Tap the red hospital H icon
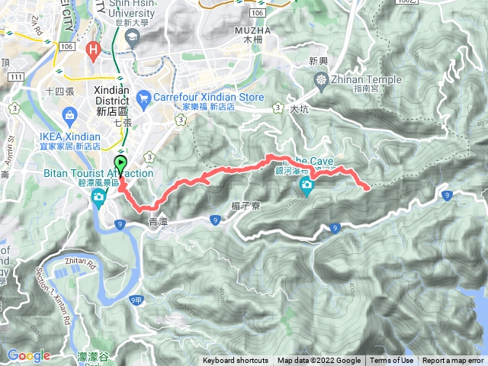click(94, 52)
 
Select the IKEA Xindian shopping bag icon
click(69, 116)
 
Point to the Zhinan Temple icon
click(323, 79)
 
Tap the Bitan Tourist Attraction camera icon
click(99, 198)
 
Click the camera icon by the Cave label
click(306, 185)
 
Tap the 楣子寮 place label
click(245, 205)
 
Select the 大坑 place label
click(300, 109)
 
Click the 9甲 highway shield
click(136, 300)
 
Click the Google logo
click(28, 355)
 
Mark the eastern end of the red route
click(369, 188)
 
